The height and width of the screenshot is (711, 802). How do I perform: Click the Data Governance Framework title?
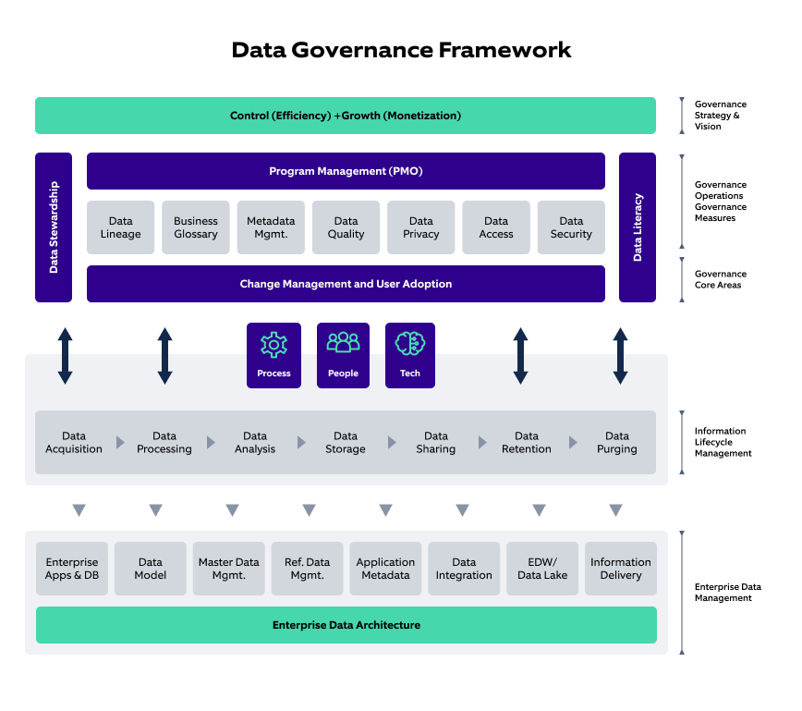[401, 49]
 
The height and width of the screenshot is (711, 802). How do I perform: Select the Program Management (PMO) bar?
[346, 171]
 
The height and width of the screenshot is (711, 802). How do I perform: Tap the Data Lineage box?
[120, 227]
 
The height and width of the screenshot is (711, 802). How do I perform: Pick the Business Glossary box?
[196, 227]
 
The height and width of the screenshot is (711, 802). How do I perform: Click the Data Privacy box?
[421, 227]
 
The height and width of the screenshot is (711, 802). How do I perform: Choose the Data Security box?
[571, 227]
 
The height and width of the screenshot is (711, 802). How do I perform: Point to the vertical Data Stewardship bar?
[54, 227]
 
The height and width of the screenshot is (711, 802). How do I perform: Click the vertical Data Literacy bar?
[638, 227]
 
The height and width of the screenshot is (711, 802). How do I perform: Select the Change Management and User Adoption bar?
[346, 284]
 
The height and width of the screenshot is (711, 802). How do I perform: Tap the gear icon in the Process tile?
[273, 345]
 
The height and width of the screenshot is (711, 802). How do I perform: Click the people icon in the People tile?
[343, 343]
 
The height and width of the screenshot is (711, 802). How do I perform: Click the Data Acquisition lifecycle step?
[74, 442]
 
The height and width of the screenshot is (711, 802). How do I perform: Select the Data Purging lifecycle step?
[616, 442]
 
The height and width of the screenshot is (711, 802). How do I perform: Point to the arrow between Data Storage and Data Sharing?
[392, 443]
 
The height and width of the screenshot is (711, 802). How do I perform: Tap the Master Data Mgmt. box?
[229, 569]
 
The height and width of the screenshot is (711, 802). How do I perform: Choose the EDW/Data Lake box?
[542, 569]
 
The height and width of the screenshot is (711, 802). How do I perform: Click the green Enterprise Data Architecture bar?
[346, 625]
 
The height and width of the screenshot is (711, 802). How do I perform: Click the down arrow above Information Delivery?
[615, 510]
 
